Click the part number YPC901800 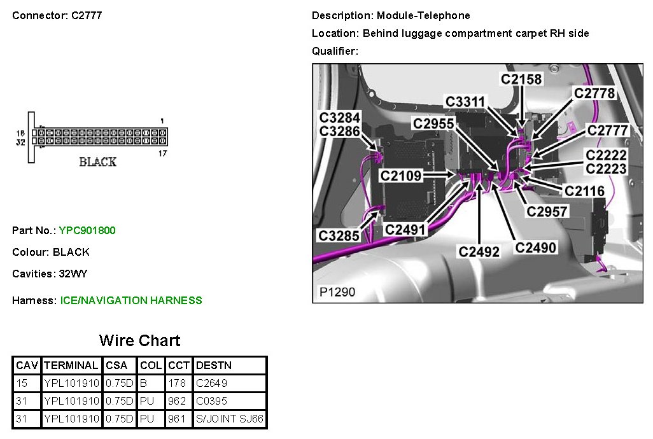[x=87, y=230]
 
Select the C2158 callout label [x=521, y=79]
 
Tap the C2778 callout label [x=594, y=94]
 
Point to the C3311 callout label [x=465, y=102]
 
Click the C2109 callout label [x=401, y=175]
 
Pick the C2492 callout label [x=479, y=251]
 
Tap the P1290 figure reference [x=337, y=293]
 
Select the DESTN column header [x=214, y=365]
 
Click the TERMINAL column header [x=71, y=365]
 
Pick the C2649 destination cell [x=212, y=383]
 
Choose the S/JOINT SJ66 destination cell [x=230, y=419]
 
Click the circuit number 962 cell [x=177, y=401]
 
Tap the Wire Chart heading [x=139, y=340]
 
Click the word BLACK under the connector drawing [x=97, y=162]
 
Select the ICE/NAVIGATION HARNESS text [x=131, y=300]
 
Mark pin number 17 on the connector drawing [x=162, y=153]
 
